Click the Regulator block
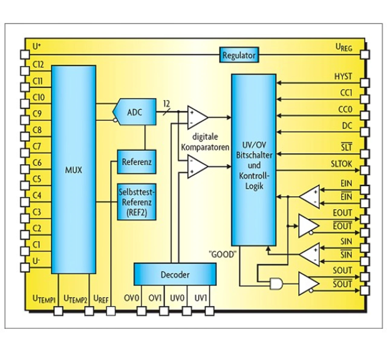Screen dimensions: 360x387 pos(239,55)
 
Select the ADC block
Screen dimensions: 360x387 pos(135,112)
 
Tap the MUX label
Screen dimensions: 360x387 pos(73,170)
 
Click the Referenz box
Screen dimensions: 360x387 pos(137,162)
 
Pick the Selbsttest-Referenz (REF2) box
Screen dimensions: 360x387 pos(137,202)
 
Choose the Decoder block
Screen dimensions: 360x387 pos(175,274)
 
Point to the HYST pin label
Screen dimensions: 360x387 pos(343,76)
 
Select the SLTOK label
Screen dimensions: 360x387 pos(341,164)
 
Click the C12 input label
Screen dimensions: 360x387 pos(38,64)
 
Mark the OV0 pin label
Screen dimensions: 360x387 pos(131,298)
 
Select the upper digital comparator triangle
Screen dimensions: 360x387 pos(197,117)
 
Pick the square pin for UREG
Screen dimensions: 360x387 pos(365,55)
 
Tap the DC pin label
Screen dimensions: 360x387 pos(347,126)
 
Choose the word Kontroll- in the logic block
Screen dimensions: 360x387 pos(254,176)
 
